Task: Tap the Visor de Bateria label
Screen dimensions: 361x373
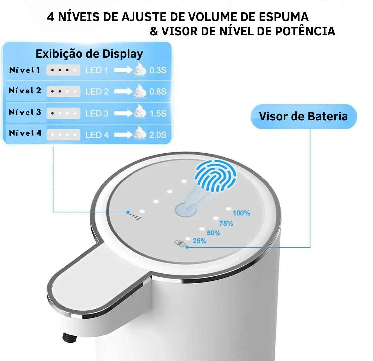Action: (x=303, y=116)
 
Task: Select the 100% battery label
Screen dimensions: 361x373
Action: (x=241, y=213)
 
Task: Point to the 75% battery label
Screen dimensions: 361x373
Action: (x=226, y=224)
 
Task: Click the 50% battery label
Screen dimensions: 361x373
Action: (x=213, y=233)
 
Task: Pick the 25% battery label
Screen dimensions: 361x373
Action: (x=199, y=241)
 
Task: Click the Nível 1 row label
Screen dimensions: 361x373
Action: (x=25, y=70)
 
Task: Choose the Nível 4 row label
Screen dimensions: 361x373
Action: (x=25, y=133)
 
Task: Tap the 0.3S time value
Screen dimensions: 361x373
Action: (x=158, y=71)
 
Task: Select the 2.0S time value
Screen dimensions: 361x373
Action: (x=158, y=135)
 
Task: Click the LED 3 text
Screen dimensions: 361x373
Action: (x=97, y=113)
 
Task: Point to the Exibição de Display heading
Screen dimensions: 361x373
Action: (x=89, y=54)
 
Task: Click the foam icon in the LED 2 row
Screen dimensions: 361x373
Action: (x=140, y=91)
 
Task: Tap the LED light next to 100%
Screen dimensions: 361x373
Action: (x=228, y=209)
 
